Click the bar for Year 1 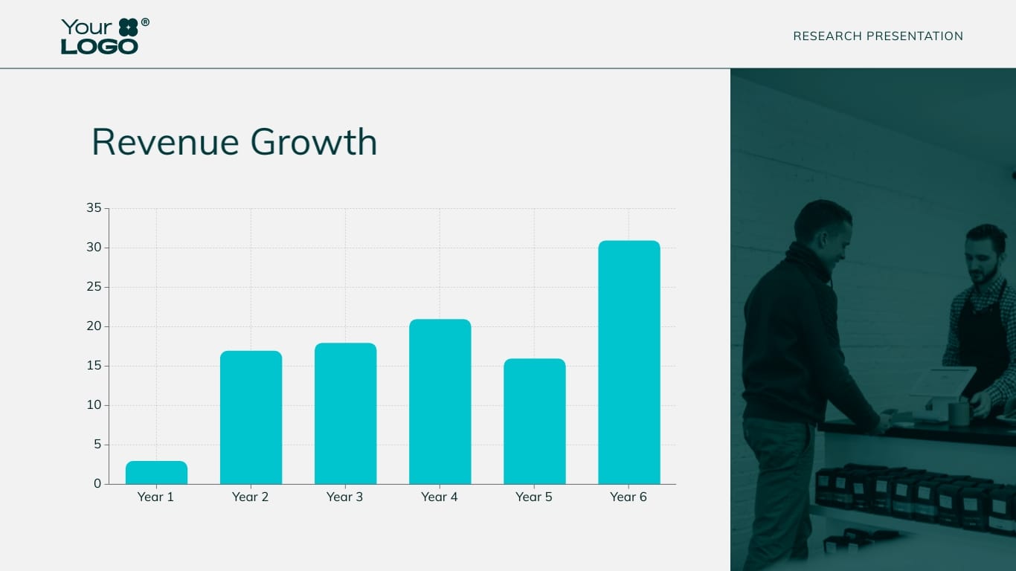156,473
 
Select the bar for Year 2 251,418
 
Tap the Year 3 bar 345,414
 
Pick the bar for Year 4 440,402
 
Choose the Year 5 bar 534,422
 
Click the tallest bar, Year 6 628,363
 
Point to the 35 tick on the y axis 94,208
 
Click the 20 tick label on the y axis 94,326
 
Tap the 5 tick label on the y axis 97,445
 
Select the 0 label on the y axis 97,484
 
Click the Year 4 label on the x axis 440,497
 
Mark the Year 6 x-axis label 628,497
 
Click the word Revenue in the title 165,142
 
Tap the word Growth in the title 314,142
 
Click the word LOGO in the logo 100,47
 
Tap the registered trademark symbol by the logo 145,23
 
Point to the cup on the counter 959,413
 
